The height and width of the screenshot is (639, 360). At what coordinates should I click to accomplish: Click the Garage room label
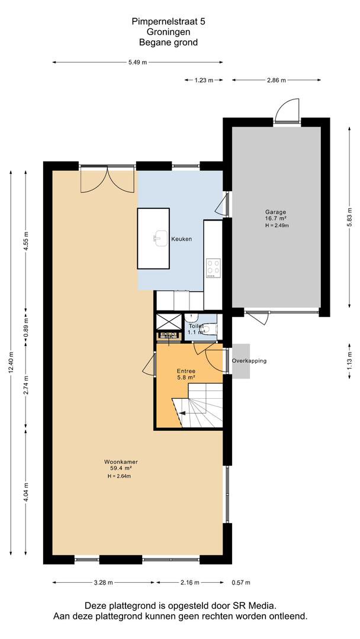275,212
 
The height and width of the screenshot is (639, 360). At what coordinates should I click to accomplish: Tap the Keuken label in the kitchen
181,239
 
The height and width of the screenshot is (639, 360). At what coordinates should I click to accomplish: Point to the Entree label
186,371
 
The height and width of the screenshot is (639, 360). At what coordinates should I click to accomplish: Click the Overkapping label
249,361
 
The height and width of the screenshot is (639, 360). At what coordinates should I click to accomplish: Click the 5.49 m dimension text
137,62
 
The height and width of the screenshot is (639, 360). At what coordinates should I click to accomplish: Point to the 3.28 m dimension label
104,582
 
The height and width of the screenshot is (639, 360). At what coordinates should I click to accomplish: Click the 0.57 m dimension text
240,582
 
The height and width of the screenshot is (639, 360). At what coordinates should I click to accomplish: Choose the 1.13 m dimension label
349,361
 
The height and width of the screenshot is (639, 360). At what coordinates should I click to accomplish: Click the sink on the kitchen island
161,238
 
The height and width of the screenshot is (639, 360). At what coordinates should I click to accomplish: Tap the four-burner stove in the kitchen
213,268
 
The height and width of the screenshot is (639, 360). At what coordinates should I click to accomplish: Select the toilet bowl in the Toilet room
210,328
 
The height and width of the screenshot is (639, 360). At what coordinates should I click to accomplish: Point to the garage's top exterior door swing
287,110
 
